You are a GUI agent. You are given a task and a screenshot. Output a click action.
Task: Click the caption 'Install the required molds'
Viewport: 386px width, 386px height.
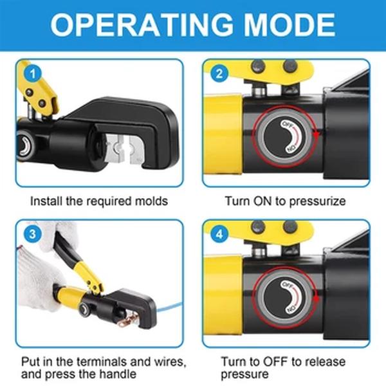point(99,201)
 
